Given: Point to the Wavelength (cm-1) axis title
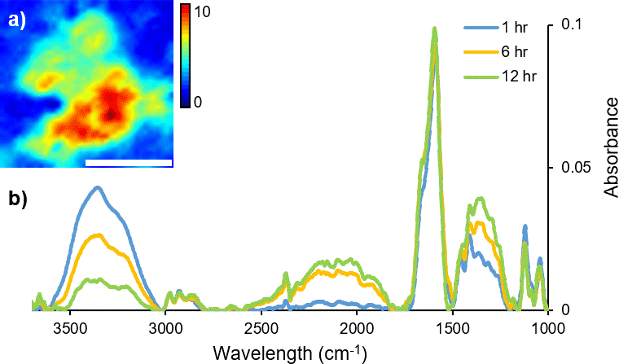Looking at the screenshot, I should [290, 352].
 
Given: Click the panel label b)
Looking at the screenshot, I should [17, 199].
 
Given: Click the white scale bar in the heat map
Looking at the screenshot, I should [129, 163].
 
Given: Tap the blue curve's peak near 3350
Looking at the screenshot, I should [98, 187].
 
